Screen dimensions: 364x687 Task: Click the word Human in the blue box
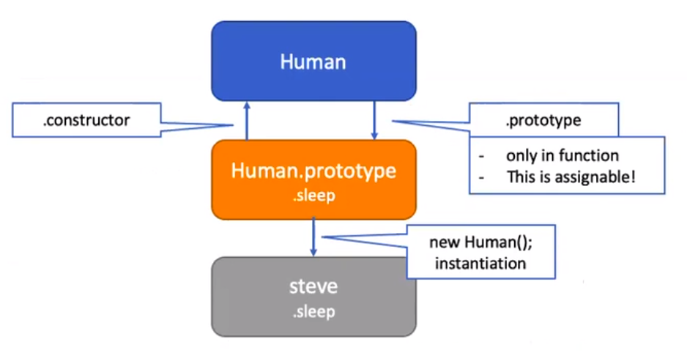[x=313, y=61]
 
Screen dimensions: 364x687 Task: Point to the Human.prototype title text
[x=313, y=171]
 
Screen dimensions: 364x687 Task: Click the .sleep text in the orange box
[x=313, y=196]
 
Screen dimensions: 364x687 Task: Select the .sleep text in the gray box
[x=313, y=311]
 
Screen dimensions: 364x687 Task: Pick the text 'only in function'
[x=562, y=155]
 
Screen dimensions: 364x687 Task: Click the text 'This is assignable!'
[x=571, y=177]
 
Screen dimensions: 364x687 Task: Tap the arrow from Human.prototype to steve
[x=313, y=237]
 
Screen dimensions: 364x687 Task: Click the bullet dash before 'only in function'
[x=481, y=156]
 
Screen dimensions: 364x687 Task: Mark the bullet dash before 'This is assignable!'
[x=481, y=177]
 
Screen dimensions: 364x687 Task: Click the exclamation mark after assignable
[x=633, y=177]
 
